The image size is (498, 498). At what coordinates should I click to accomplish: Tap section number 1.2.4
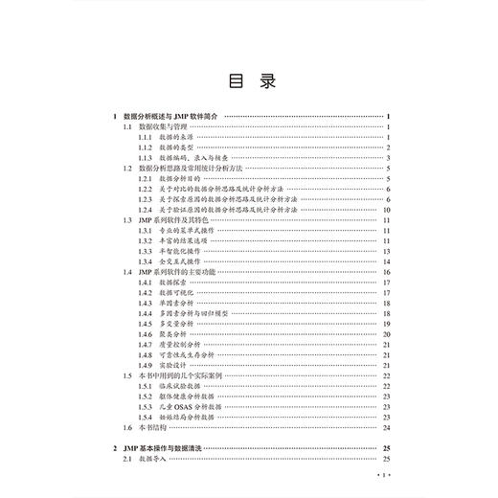pyautogui.click(x=145, y=209)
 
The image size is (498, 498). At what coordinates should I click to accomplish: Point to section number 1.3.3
pyautogui.click(x=145, y=250)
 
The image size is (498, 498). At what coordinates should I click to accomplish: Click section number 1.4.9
pyautogui.click(x=145, y=365)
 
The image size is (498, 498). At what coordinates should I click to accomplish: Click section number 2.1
pyautogui.click(x=128, y=459)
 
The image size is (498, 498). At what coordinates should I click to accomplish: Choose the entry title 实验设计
pyautogui.click(x=172, y=365)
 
